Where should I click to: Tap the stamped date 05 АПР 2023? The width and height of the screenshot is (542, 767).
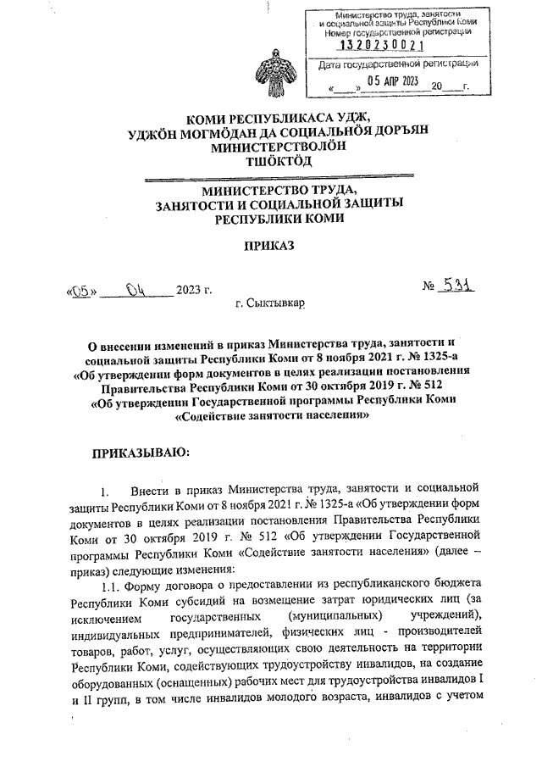387,81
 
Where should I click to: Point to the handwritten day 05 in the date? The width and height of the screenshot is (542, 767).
80,291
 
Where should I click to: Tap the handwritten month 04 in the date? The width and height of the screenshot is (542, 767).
137,291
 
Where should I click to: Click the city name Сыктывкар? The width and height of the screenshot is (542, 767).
271,303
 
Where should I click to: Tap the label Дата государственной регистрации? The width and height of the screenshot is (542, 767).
392,64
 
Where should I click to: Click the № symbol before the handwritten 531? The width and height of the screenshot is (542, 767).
429,288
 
